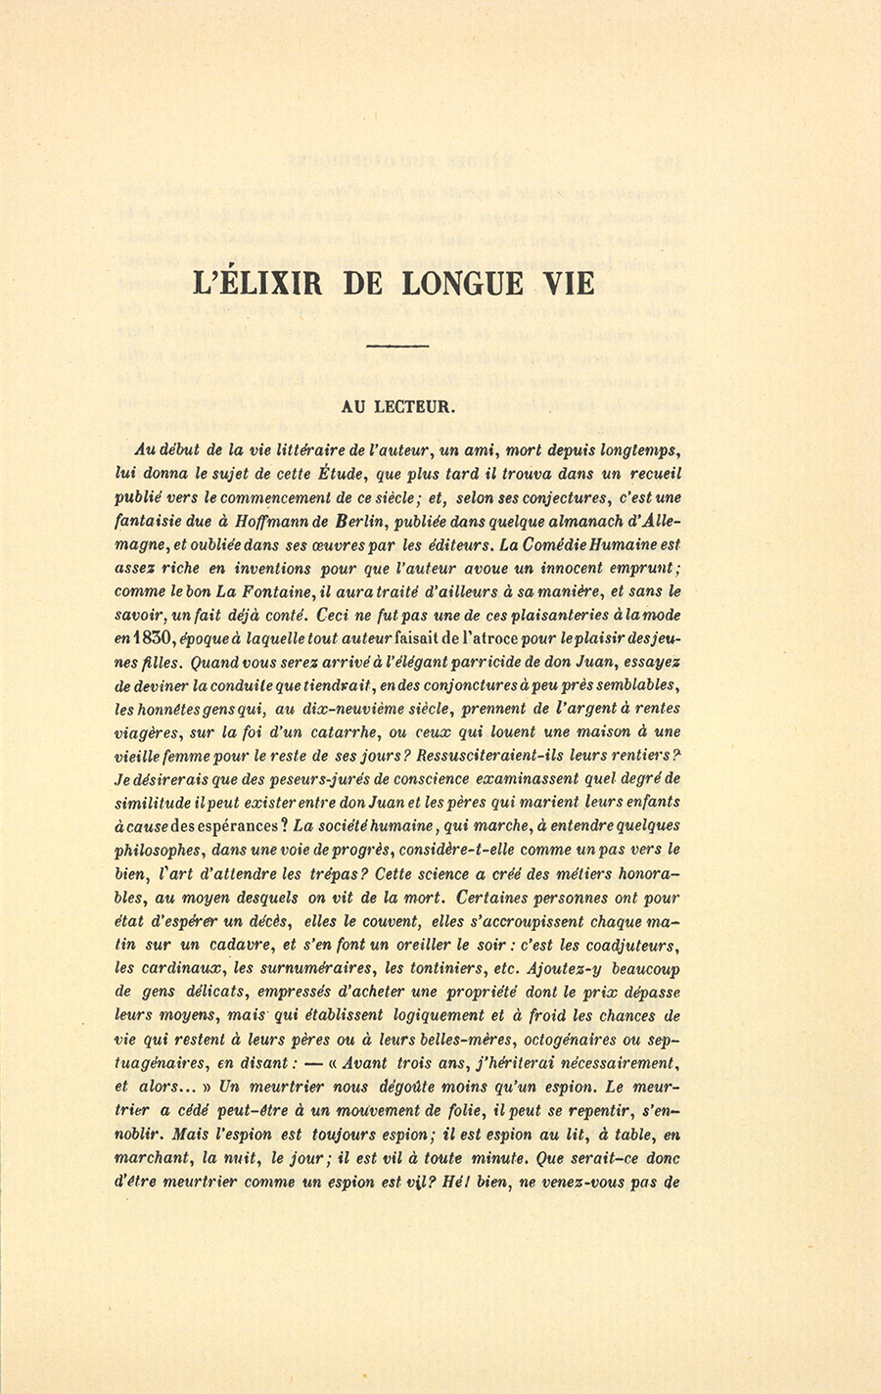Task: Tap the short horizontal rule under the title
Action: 396,347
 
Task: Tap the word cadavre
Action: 247,944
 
